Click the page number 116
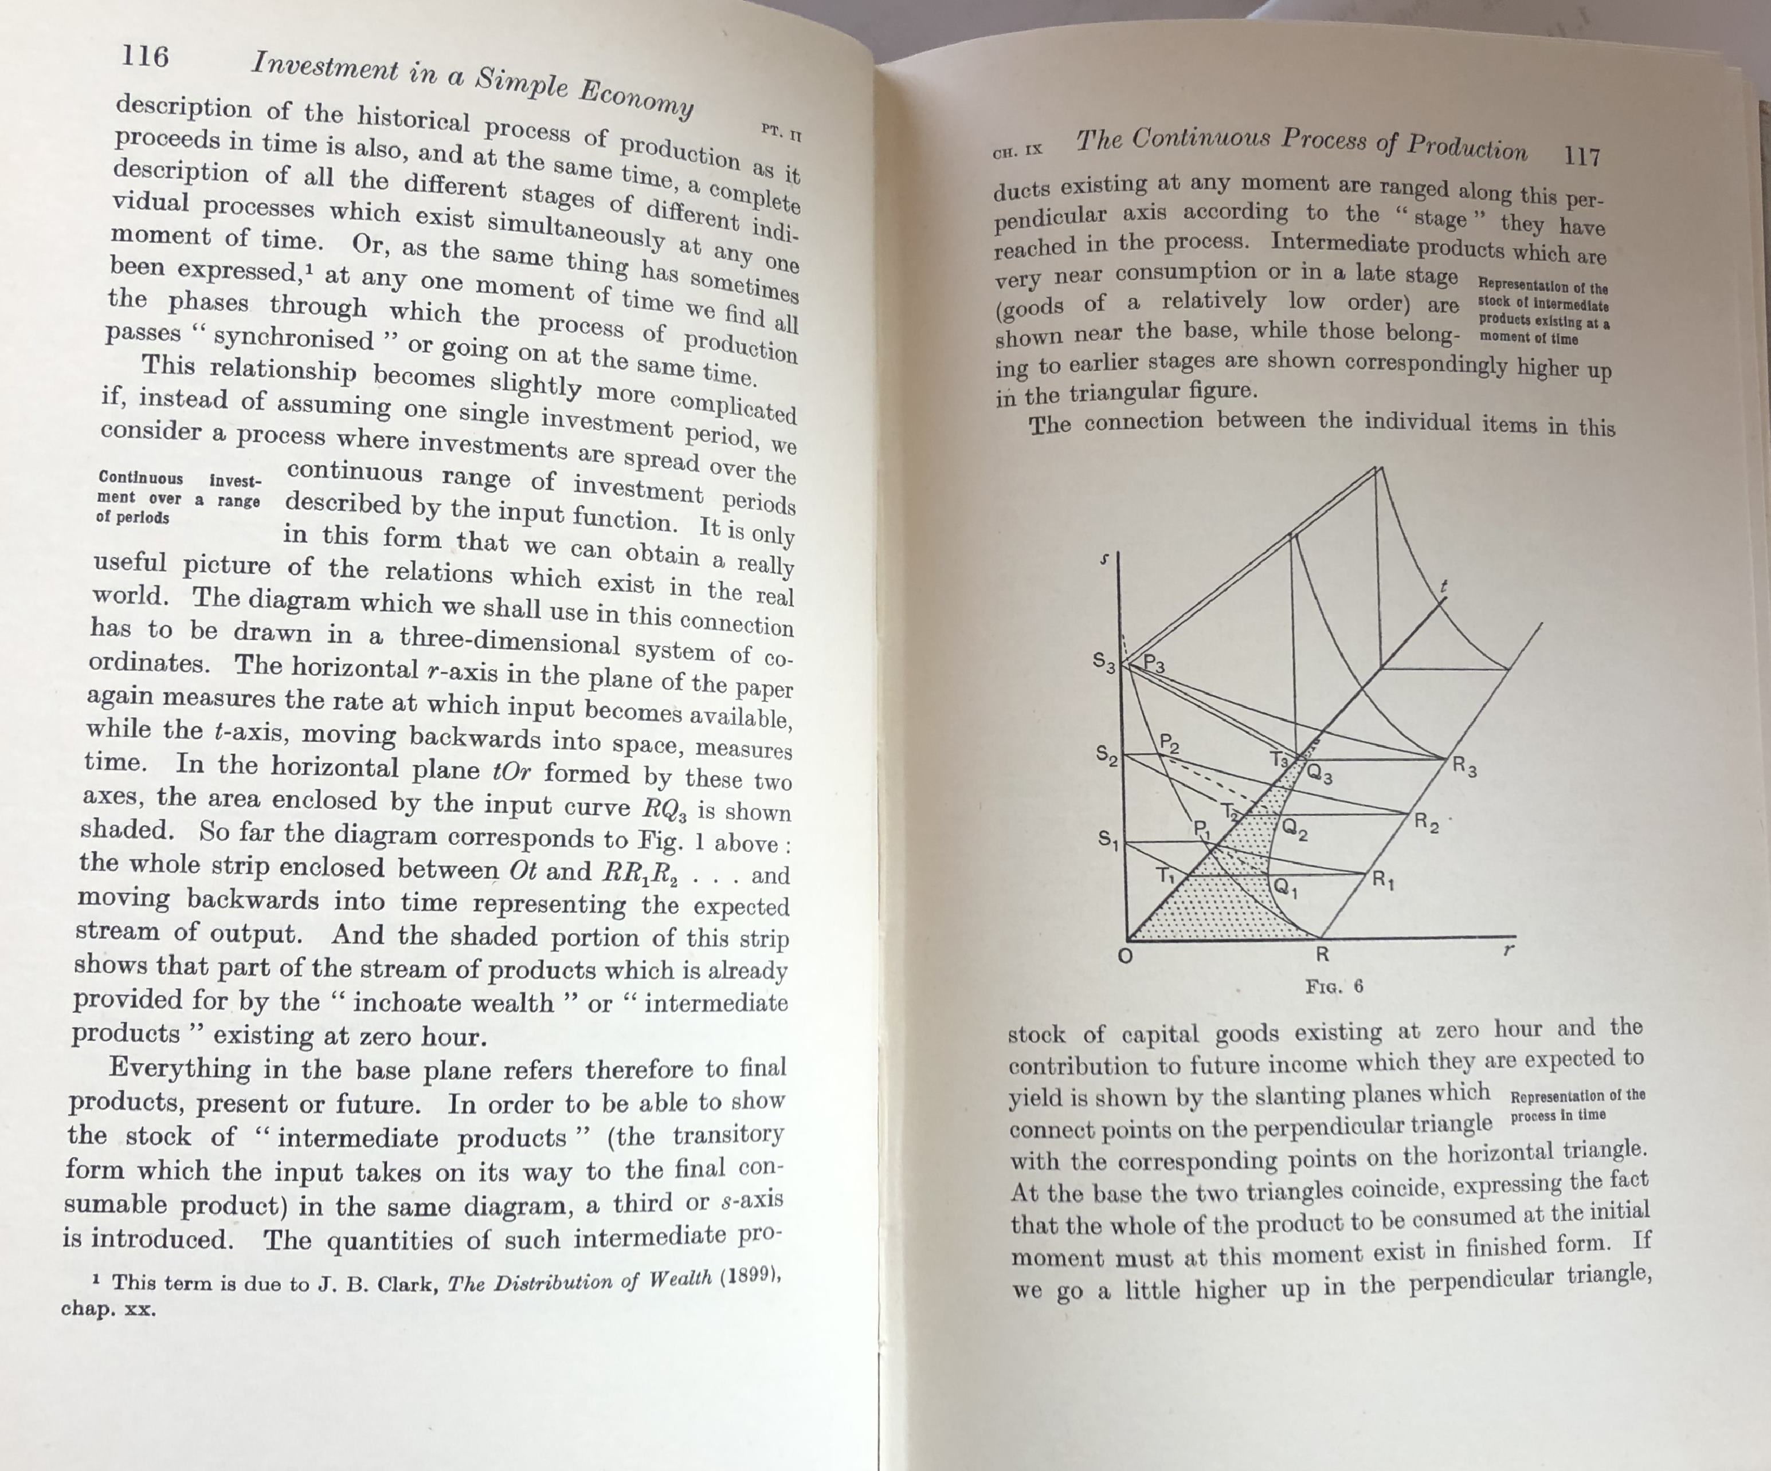(145, 57)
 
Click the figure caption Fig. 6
(1334, 986)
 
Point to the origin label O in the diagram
(1124, 958)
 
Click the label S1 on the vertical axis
(1108, 840)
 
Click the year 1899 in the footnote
(747, 1276)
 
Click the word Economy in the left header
(637, 102)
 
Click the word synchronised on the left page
(293, 338)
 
